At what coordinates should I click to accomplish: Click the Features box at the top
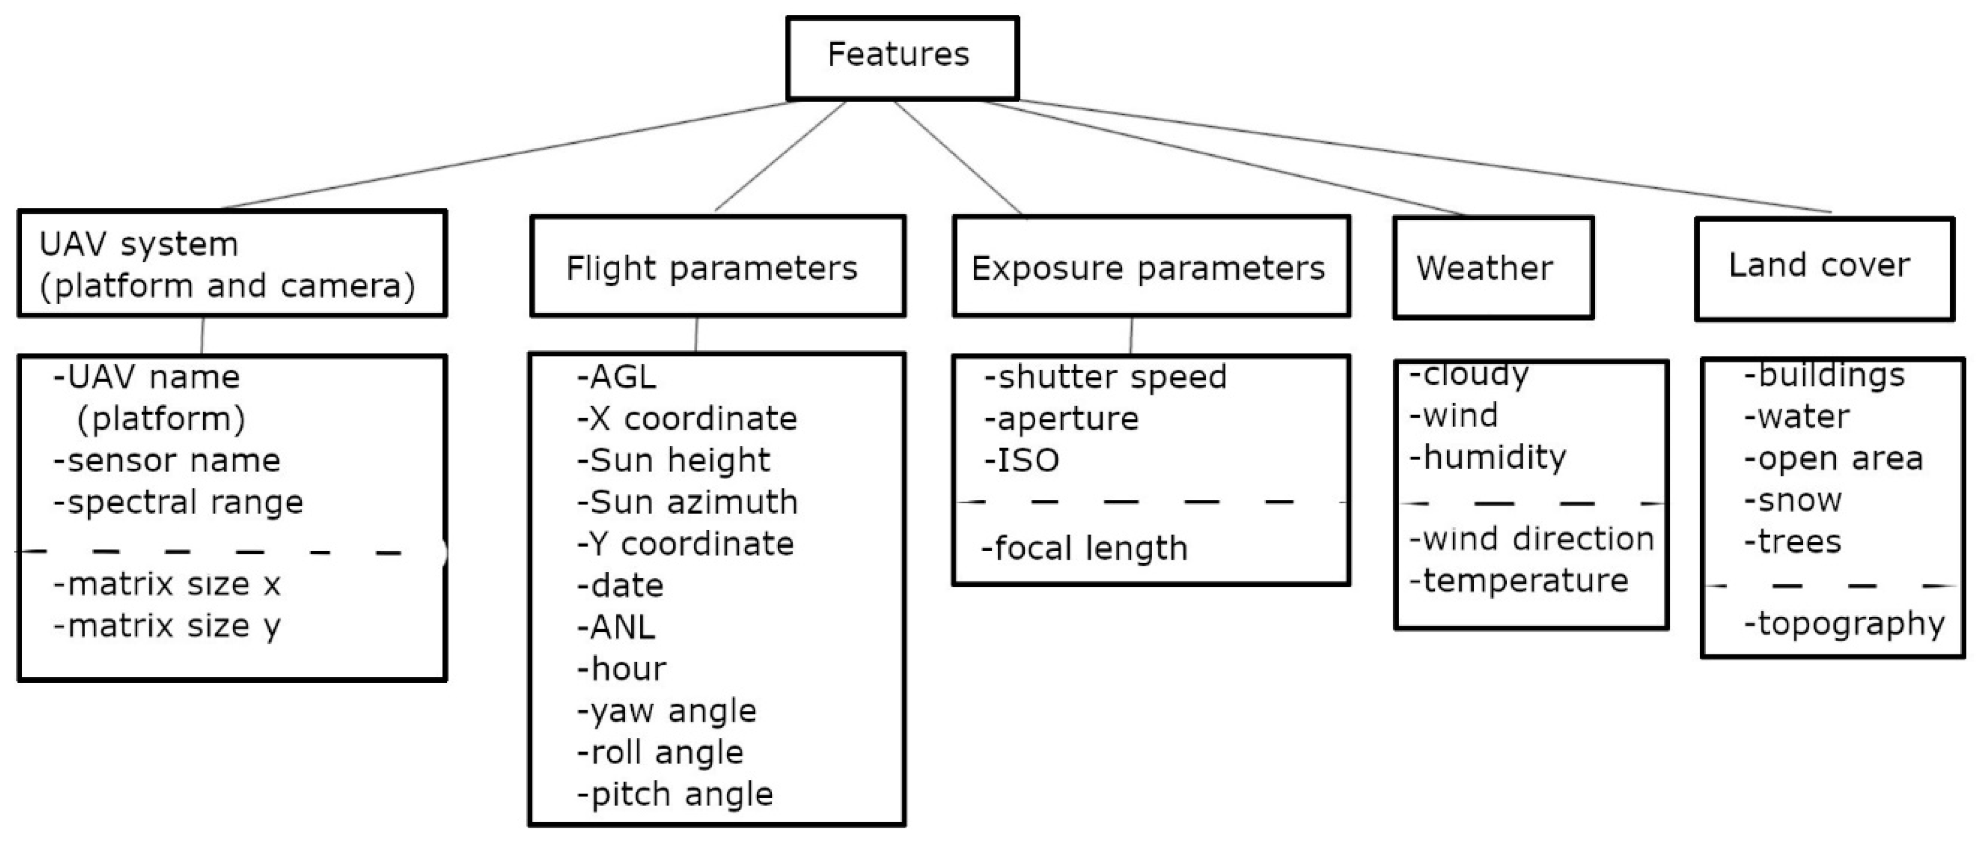tap(901, 58)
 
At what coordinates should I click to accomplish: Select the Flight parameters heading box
tap(717, 266)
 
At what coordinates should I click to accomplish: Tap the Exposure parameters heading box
tap(1151, 266)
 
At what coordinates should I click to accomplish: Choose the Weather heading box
tap(1492, 268)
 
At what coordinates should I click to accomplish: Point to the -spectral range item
tap(178, 503)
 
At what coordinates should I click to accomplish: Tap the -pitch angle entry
tap(675, 794)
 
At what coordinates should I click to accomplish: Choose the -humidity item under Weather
tap(1488, 458)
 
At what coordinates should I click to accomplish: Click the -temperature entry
tap(1519, 581)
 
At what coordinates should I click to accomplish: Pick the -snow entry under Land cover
tap(1793, 501)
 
